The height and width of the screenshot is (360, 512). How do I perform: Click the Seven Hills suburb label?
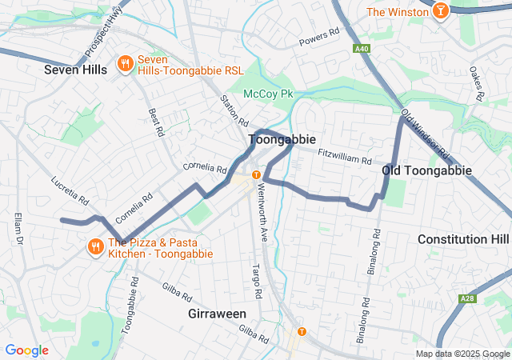tap(75, 70)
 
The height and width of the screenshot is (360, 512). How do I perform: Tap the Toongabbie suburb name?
tap(276, 139)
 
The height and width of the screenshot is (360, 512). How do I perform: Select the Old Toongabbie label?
tap(426, 170)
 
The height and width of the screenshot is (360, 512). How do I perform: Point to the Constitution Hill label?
tap(463, 239)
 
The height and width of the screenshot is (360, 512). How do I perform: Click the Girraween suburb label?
tap(217, 314)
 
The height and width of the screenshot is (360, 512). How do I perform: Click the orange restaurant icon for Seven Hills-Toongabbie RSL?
tap(125, 63)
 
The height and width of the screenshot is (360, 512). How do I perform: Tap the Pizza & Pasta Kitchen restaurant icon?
tap(95, 246)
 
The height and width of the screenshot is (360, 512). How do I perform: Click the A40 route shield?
tap(362, 49)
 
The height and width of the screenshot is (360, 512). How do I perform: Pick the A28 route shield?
tap(468, 299)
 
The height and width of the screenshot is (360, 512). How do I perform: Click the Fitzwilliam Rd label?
tap(345, 156)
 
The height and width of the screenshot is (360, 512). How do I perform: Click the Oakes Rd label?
tap(478, 83)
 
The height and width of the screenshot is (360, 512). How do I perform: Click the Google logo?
tap(26, 350)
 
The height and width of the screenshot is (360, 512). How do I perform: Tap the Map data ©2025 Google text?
tap(462, 354)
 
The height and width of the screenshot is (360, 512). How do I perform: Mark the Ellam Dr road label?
tap(18, 229)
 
